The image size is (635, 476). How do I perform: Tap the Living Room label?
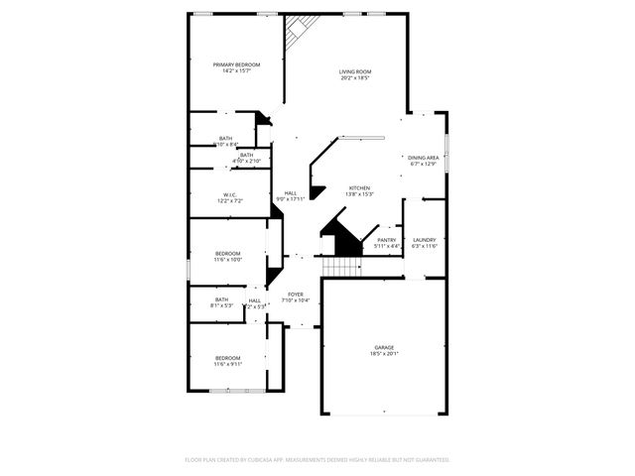[355, 71]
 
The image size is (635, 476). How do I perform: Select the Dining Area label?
[424, 157]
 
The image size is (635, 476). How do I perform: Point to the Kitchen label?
[359, 187]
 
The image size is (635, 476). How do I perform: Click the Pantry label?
[387, 239]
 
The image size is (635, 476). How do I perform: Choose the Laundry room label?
[425, 239]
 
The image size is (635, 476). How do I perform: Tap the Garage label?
[384, 347]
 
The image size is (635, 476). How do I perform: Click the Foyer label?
[296, 294]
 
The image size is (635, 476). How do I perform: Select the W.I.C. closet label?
[229, 194]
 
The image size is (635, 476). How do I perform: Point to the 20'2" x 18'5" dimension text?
[355, 78]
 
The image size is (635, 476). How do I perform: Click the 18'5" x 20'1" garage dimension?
[384, 354]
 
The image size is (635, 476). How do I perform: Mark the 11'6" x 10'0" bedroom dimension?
[229, 260]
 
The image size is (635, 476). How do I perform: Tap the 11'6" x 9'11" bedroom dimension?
[228, 364]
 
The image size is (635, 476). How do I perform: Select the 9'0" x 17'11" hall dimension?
[291, 199]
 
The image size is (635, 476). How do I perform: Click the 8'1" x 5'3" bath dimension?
[221, 305]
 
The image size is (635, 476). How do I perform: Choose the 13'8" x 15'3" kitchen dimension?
[359, 194]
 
